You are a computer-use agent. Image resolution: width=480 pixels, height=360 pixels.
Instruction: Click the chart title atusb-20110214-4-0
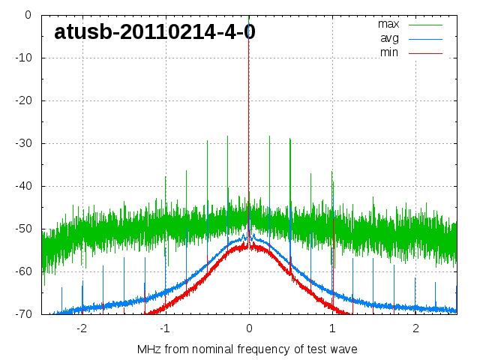154,31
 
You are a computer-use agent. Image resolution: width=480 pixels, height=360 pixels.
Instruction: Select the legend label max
388,24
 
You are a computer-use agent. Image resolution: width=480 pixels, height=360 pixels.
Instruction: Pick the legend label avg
388,38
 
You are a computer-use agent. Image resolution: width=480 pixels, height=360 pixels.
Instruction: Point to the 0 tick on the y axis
27,14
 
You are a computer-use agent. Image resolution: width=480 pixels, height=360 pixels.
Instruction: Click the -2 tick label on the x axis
81,328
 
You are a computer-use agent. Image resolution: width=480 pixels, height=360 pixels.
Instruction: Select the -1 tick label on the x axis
164,328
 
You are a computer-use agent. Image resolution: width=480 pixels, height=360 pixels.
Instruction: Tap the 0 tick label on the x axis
249,328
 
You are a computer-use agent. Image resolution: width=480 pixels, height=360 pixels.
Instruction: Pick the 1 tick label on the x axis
332,328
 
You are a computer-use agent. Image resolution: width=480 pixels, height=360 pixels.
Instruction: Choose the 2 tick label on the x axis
415,328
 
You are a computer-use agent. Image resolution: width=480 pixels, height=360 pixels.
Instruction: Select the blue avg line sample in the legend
426,38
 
